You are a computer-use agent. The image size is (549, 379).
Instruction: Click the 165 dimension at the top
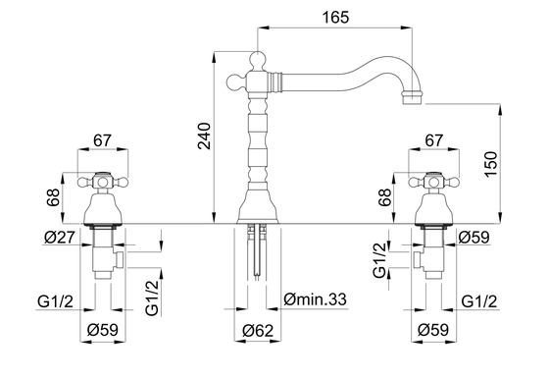pyautogui.click(x=335, y=17)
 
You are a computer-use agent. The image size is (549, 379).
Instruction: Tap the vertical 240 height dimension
pyautogui.click(x=205, y=136)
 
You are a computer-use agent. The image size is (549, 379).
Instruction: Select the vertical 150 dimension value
pyautogui.click(x=491, y=164)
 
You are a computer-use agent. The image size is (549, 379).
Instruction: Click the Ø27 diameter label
pyautogui.click(x=60, y=238)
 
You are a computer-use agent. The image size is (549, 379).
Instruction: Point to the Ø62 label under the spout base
pyautogui.click(x=258, y=330)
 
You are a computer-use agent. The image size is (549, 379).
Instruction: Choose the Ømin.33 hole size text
pyautogui.click(x=315, y=299)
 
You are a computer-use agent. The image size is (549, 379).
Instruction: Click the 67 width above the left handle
pyautogui.click(x=102, y=140)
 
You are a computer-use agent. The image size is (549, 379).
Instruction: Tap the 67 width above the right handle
pyautogui.click(x=434, y=140)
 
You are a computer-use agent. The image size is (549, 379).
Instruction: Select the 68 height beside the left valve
pyautogui.click(x=53, y=197)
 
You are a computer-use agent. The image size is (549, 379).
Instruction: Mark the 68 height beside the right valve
pyautogui.click(x=384, y=197)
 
